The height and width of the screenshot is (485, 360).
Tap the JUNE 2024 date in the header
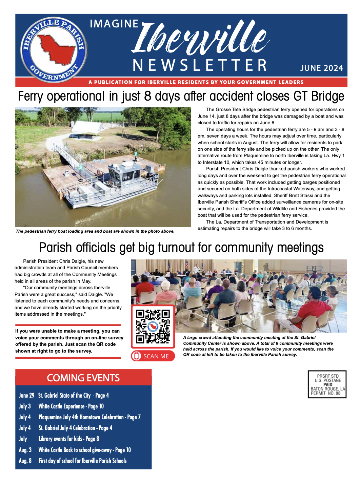[x=321, y=68]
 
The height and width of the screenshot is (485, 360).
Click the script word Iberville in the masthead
[x=200, y=39]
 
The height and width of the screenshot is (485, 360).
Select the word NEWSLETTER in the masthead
[x=200, y=65]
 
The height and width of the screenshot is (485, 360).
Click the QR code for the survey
[x=153, y=326]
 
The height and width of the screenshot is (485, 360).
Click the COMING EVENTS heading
[x=83, y=378]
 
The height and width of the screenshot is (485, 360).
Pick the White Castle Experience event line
[x=71, y=406]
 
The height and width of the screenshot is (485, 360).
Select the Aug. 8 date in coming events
[x=25, y=461]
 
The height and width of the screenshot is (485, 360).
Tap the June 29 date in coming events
[x=26, y=395]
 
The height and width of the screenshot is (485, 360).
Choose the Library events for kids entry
[x=68, y=439]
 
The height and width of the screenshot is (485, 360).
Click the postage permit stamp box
[x=327, y=384]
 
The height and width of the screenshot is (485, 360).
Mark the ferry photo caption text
[x=95, y=231]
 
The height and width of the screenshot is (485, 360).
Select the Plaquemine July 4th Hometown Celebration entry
[x=89, y=417]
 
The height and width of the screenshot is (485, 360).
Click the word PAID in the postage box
[x=328, y=385]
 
